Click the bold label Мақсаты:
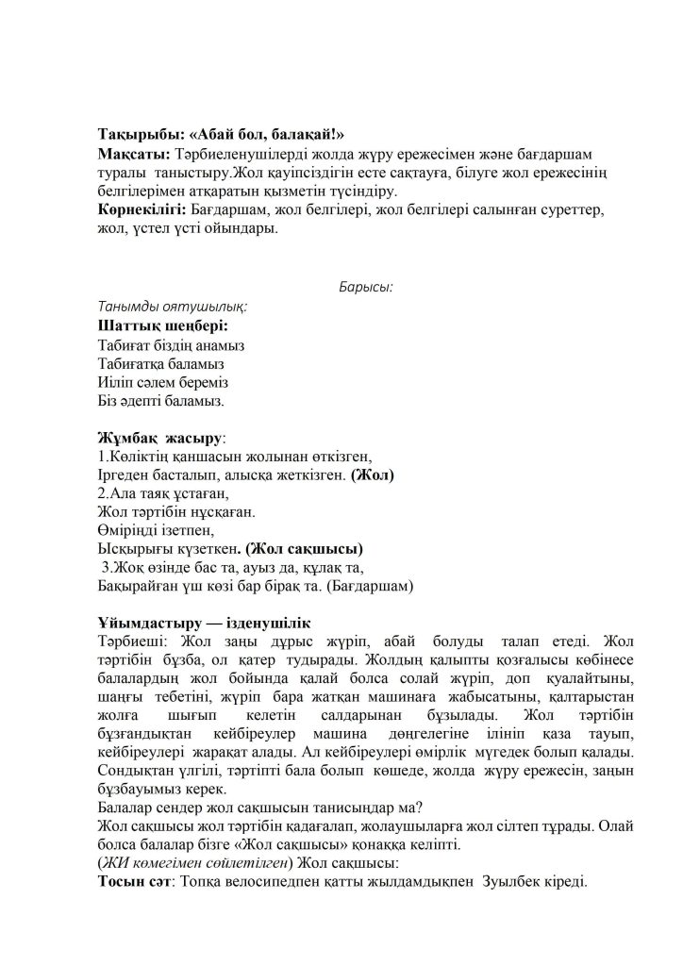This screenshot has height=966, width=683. pos(133,153)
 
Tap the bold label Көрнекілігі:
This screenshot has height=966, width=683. pos(142,208)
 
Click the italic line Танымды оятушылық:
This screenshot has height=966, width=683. pos(173,307)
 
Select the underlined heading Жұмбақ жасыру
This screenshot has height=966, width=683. pos(159,439)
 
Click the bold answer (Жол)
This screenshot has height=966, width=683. pos(372,475)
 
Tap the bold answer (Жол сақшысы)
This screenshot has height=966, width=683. pos(304,548)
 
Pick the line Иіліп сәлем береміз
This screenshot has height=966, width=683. pos(162,383)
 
